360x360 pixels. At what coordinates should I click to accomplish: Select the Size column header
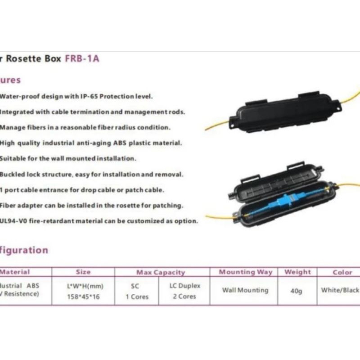point(83,272)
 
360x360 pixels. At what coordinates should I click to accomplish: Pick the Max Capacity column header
point(161,272)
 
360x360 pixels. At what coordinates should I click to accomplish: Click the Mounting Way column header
point(245,272)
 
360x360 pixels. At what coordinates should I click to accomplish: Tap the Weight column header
point(297,272)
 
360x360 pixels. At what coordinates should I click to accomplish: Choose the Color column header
point(342,272)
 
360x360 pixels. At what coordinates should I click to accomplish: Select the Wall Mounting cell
point(245,290)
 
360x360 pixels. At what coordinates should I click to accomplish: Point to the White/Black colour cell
point(340,290)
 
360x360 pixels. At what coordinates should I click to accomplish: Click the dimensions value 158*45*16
point(83,297)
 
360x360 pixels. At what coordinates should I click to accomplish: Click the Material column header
point(15,272)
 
